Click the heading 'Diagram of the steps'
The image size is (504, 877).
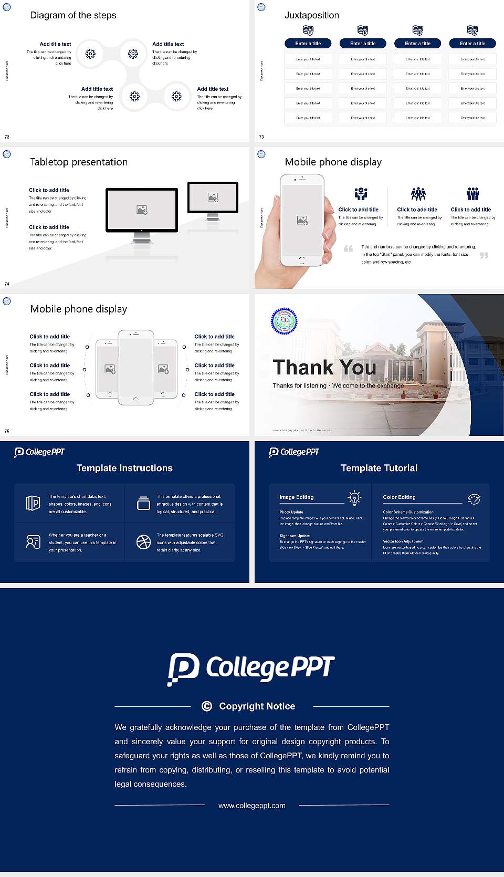click(x=73, y=15)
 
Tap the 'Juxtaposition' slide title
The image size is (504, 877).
click(x=311, y=15)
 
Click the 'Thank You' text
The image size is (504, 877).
click(x=324, y=368)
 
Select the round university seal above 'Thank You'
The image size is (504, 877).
click(x=284, y=321)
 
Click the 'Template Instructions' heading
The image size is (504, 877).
click(x=124, y=468)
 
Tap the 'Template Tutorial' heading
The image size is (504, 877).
click(x=379, y=468)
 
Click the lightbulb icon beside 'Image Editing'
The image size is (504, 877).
click(x=354, y=498)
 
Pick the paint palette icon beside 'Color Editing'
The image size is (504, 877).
click(x=474, y=499)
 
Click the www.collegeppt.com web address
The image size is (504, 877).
click(x=252, y=806)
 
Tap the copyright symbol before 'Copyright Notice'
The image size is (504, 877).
click(x=207, y=706)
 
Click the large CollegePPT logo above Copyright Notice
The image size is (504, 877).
click(x=251, y=669)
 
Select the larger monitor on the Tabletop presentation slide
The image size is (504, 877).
click(x=142, y=210)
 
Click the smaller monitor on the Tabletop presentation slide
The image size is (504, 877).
click(x=213, y=197)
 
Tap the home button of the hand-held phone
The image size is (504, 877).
click(x=301, y=260)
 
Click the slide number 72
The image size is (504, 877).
click(x=7, y=137)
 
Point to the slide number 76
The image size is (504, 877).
click(x=7, y=431)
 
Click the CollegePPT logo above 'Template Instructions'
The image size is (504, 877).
click(x=39, y=452)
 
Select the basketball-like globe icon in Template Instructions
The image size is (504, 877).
click(x=143, y=542)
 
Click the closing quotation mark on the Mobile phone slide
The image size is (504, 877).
click(x=484, y=255)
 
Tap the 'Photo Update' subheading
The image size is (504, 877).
click(x=291, y=512)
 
